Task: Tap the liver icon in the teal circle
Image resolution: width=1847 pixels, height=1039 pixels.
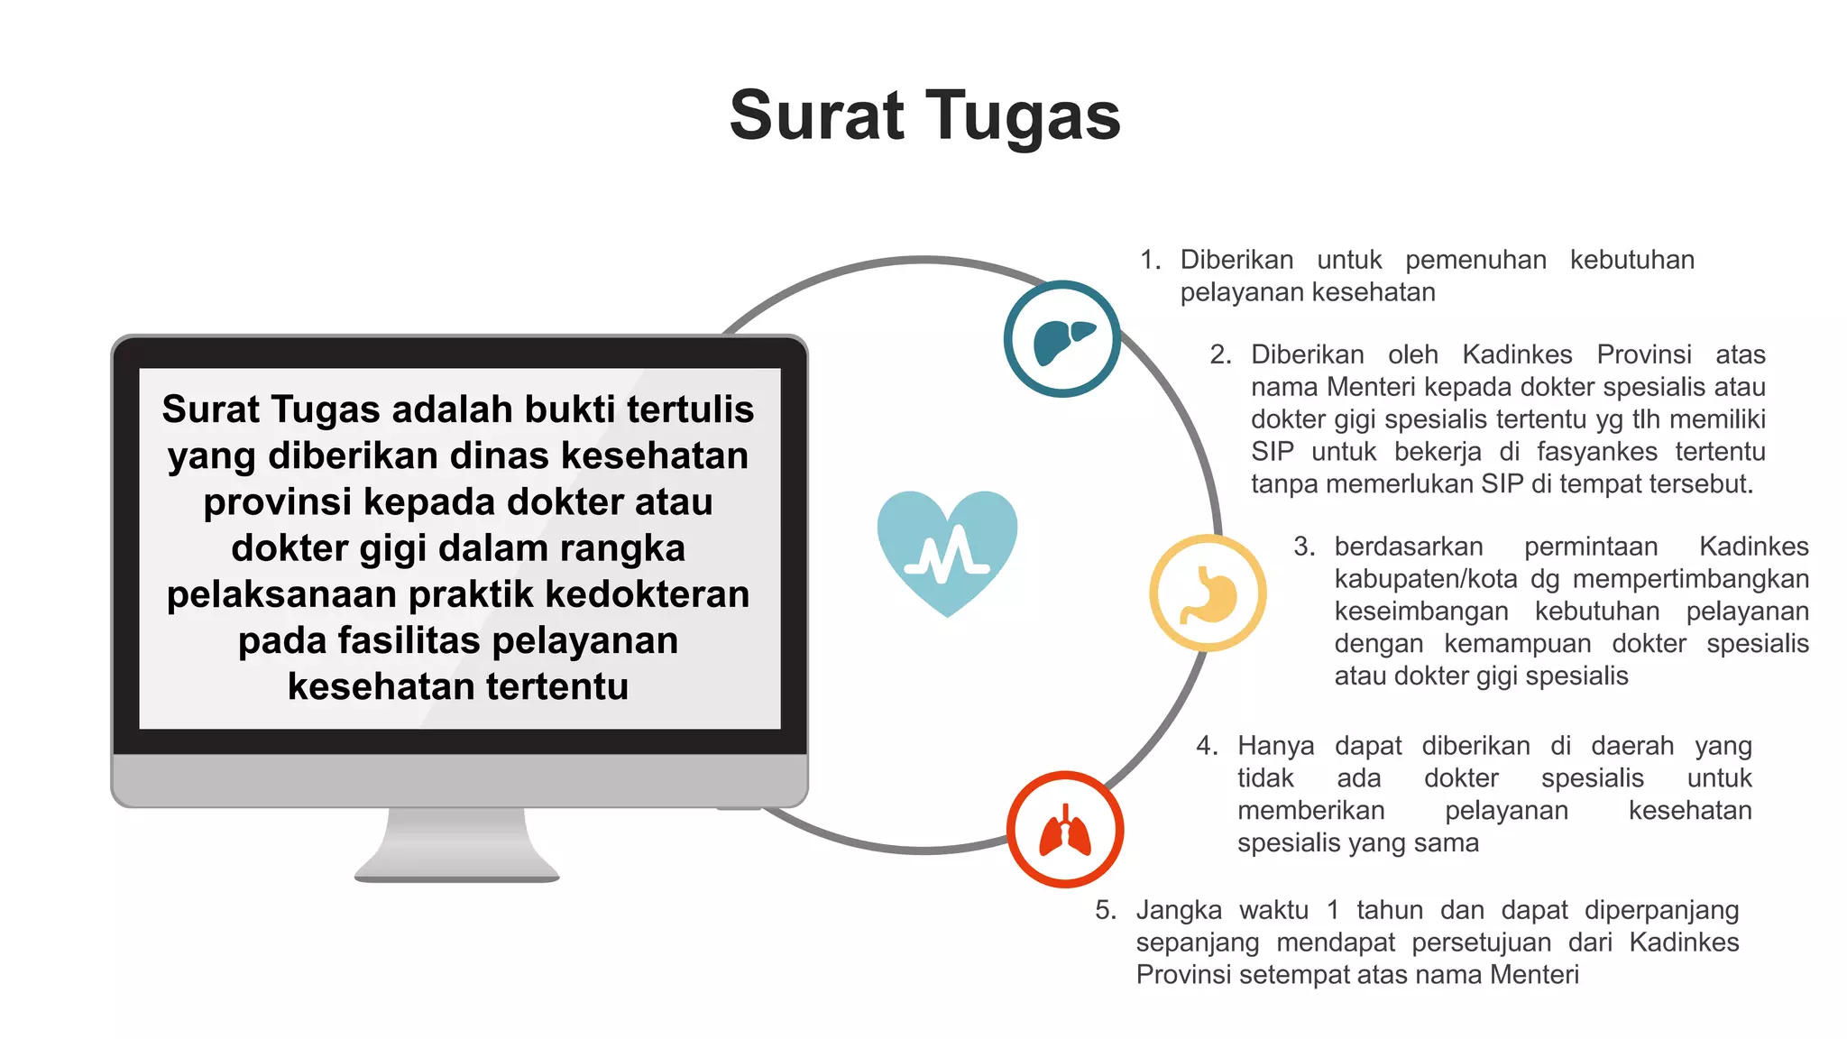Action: coord(1062,340)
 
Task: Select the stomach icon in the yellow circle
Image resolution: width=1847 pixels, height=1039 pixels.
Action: coord(1208,593)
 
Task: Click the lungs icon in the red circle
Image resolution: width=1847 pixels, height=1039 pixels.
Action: coord(1065,830)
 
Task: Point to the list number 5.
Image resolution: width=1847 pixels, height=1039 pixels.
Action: coord(1105,910)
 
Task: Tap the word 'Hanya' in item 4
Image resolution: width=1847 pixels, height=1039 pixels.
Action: coord(1275,746)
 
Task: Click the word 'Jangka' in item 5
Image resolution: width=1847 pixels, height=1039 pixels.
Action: coord(1178,910)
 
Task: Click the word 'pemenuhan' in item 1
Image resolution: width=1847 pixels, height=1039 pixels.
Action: coord(1475,261)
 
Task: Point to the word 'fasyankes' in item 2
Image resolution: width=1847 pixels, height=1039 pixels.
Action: coord(1596,452)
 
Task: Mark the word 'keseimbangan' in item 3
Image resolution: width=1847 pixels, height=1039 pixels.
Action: coord(1420,611)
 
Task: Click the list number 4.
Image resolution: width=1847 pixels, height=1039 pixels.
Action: coord(1206,746)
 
